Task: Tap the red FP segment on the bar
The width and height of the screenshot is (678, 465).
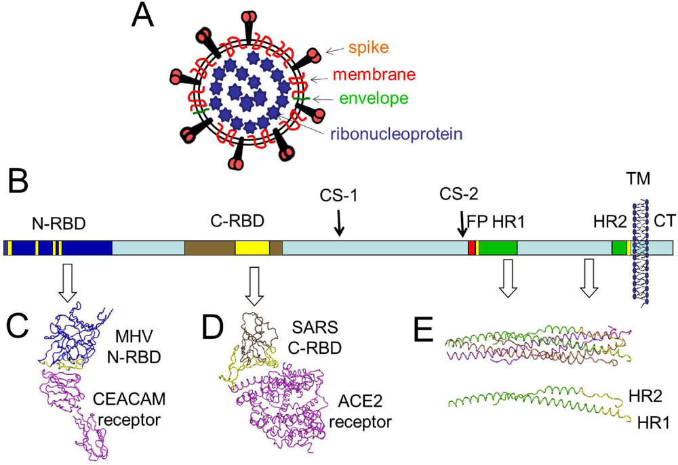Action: [471, 247]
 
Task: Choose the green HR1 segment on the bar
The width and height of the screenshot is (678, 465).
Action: [498, 247]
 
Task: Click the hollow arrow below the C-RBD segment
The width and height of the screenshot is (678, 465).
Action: [254, 285]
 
